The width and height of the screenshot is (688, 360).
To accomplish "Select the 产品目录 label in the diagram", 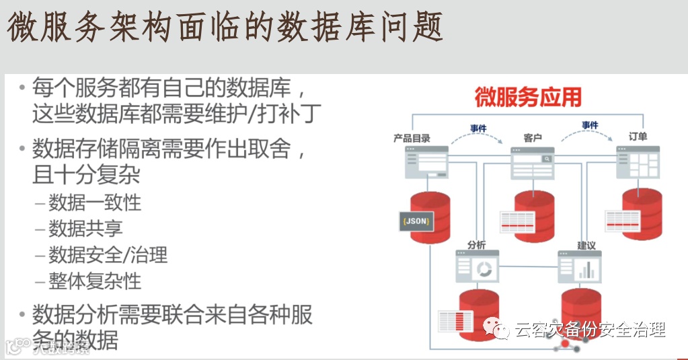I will click(x=412, y=137).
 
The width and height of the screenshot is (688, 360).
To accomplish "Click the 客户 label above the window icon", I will click(x=533, y=137).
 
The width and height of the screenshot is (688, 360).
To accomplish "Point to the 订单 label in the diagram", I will click(x=638, y=136).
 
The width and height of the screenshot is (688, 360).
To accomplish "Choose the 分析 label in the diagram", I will click(x=477, y=245).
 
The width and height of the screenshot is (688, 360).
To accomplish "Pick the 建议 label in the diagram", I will click(x=587, y=245).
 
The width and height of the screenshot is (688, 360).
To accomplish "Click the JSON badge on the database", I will click(x=416, y=221).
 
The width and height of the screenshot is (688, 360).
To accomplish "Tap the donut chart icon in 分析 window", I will click(x=485, y=270).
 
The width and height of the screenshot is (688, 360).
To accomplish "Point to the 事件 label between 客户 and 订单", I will click(x=590, y=125).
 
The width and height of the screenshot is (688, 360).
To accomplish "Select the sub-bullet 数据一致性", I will click(x=95, y=203).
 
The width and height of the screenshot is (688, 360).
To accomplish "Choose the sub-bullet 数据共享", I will click(x=85, y=229).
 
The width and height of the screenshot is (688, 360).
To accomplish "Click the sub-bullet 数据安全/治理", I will click(x=108, y=255).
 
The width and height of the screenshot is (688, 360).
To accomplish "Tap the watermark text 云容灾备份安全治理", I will click(x=590, y=329).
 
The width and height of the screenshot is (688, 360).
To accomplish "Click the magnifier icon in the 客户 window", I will click(x=547, y=159).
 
